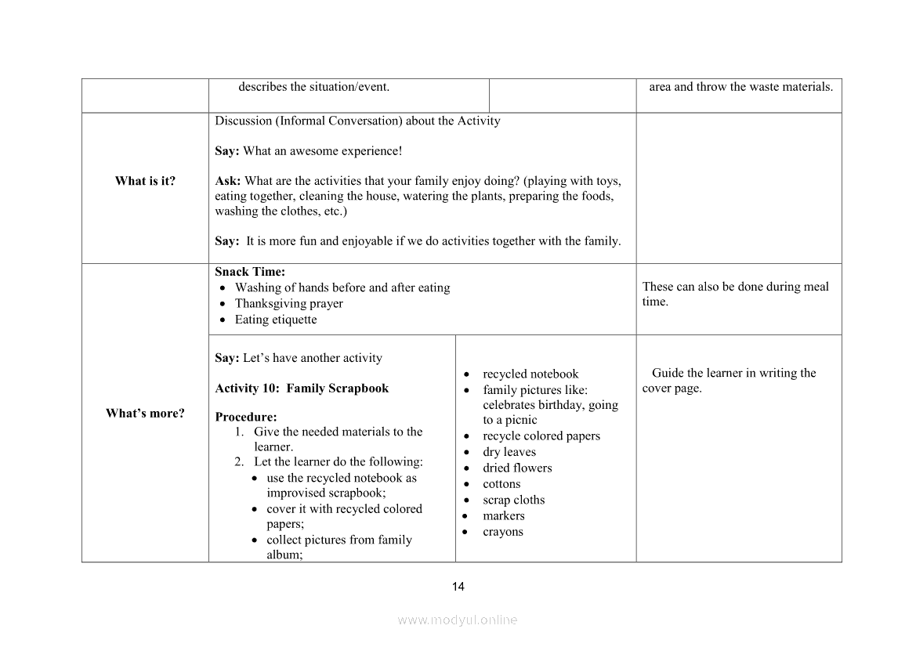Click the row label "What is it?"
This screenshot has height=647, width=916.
tap(145, 181)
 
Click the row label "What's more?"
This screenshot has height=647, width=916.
tap(145, 414)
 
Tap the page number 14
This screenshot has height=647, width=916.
tap(458, 587)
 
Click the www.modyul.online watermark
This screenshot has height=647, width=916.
tap(458, 620)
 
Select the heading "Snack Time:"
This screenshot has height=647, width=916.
tap(250, 272)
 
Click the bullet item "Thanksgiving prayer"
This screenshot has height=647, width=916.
tap(288, 303)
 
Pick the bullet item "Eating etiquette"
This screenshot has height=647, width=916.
tap(276, 320)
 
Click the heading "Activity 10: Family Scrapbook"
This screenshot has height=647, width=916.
tap(302, 389)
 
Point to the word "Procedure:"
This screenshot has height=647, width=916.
tap(245, 417)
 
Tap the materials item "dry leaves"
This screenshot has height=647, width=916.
tap(509, 452)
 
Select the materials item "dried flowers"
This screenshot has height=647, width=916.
tap(517, 468)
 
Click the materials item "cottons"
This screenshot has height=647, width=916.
tap(501, 484)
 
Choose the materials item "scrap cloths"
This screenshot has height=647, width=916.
tap(513, 500)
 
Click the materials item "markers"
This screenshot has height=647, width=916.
tap(504, 515)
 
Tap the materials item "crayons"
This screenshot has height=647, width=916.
tap(503, 532)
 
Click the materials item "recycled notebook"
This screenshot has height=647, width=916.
tap(530, 374)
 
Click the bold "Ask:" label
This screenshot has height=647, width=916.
tap(227, 181)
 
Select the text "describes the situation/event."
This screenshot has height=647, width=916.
tap(313, 87)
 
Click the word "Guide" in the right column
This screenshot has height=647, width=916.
tap(668, 373)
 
